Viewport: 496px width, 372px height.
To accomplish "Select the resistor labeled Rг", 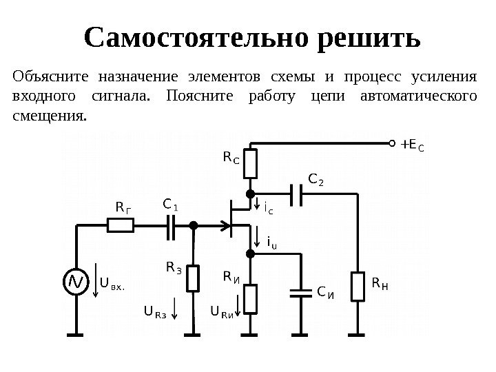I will coord(121,225).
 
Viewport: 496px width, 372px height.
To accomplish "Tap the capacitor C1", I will coord(172,225).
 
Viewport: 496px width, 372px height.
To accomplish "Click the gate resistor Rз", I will coord(194,278).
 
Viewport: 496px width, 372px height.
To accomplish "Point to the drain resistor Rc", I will coord(250,163).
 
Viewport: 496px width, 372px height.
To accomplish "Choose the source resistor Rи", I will coord(250,298).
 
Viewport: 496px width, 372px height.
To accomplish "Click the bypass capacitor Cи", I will coord(301,293).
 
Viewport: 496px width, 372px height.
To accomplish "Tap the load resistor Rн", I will coord(358,287).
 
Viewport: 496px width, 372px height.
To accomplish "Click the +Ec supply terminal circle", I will coord(394,145).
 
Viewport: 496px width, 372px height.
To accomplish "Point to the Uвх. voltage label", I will coord(112,282).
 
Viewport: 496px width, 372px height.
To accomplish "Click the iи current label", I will coord(271,242).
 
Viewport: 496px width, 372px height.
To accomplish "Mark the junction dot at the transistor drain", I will coord(250,194).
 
